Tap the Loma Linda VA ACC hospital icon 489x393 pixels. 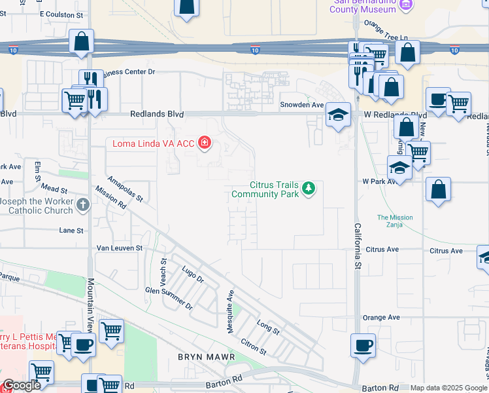point(205,142)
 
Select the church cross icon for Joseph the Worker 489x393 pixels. point(83,206)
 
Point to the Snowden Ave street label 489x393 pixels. point(301,105)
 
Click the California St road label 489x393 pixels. point(358,246)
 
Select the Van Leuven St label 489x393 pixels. point(119,248)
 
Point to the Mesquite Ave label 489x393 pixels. point(230,311)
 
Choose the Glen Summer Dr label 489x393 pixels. point(169,297)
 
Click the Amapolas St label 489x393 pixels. point(124,188)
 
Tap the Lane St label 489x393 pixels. point(71,231)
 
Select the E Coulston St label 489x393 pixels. point(61,13)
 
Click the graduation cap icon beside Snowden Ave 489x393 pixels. point(337,115)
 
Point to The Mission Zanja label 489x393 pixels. point(395,221)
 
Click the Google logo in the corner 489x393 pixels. point(22,386)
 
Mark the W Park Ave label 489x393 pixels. point(380,182)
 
